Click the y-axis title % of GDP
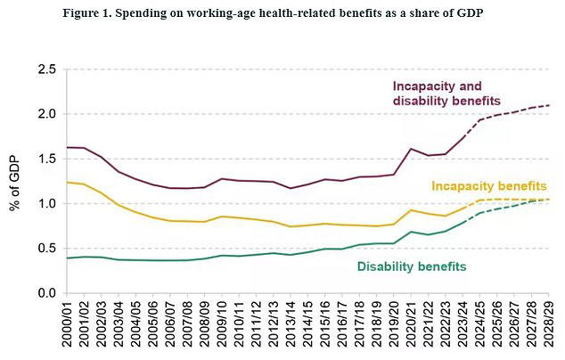coord(15,181)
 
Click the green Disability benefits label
coord(412,266)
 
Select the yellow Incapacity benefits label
coord(488,186)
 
